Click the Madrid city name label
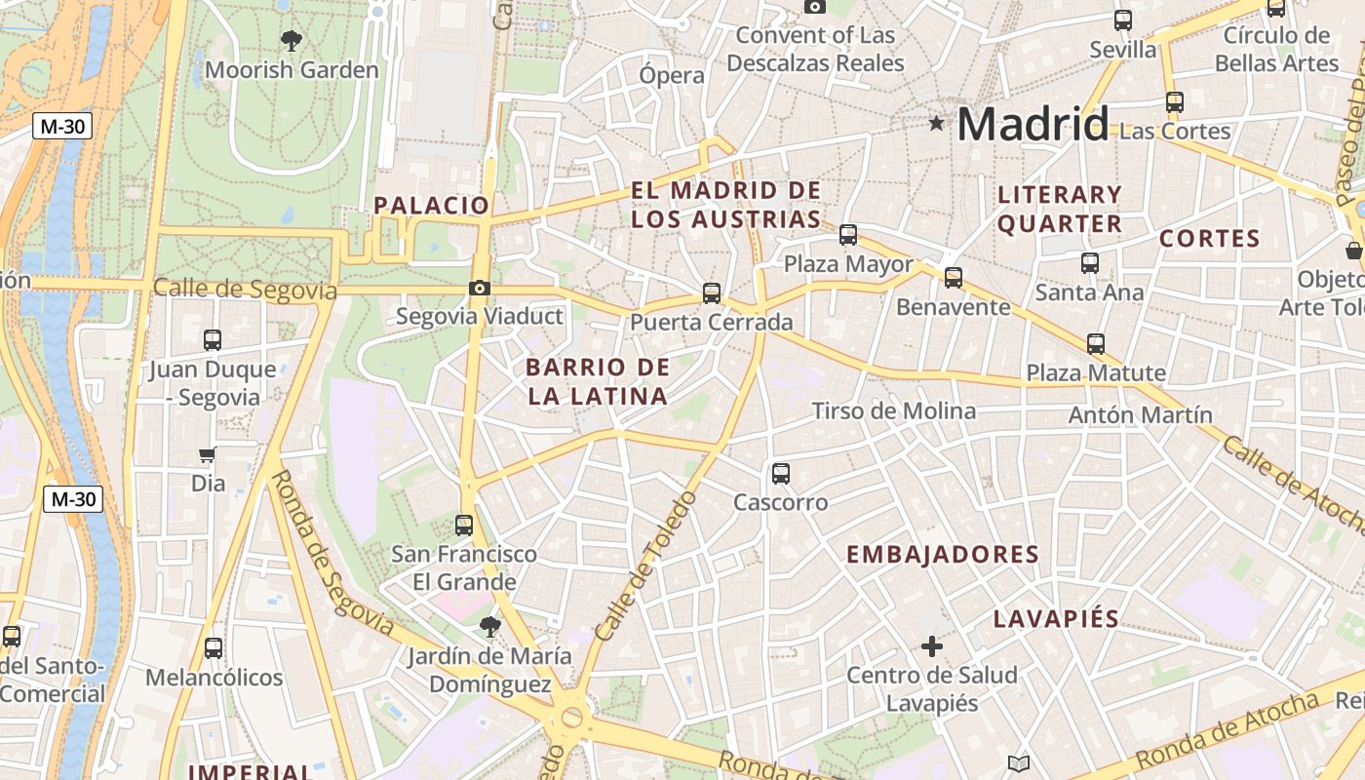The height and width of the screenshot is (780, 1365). [1033, 124]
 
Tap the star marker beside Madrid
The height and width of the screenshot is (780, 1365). [937, 123]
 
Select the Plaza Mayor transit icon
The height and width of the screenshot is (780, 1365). [848, 235]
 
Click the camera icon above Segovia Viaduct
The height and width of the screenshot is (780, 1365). [479, 288]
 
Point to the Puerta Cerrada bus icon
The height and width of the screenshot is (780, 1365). [712, 292]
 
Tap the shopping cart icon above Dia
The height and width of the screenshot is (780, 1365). [208, 455]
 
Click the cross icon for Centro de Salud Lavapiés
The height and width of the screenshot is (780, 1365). [932, 645]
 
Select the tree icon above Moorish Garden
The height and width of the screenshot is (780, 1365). [291, 40]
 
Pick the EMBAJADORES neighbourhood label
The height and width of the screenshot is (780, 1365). [942, 555]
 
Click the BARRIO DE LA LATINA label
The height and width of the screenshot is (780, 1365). [598, 381]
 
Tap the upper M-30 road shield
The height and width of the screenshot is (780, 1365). [62, 126]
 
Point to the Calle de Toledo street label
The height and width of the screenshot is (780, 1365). [646, 565]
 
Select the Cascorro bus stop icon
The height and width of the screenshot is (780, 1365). [781, 474]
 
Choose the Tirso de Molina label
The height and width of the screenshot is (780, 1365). [894, 410]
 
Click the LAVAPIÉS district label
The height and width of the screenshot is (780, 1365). [1056, 619]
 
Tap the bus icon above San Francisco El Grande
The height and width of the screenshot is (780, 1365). [464, 526]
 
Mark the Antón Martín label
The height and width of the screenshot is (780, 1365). [1141, 415]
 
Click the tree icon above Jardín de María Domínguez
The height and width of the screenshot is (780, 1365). [489, 627]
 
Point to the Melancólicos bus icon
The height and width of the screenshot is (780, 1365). [214, 648]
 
